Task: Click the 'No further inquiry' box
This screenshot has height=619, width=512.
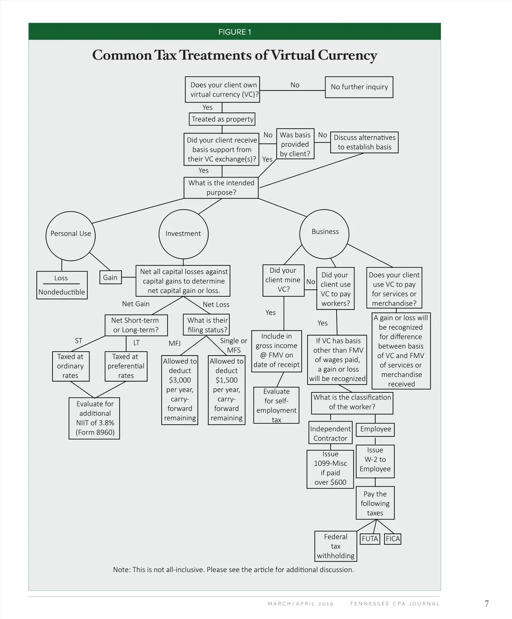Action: click(359, 87)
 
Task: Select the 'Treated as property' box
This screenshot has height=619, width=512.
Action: click(222, 119)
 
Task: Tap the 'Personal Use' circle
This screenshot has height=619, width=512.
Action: click(70, 234)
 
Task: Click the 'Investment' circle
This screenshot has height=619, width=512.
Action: click(183, 234)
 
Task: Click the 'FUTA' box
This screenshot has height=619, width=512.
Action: click(370, 539)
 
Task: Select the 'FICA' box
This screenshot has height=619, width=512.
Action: click(393, 539)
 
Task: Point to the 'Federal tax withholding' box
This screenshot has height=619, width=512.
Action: click(335, 546)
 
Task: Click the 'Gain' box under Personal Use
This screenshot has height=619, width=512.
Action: click(110, 277)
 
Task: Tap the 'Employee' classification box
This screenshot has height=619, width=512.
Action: click(375, 429)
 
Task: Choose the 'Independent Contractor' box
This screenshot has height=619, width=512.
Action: click(330, 433)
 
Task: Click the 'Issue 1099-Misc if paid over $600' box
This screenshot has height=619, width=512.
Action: click(330, 468)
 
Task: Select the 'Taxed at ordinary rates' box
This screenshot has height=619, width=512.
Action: click(70, 366)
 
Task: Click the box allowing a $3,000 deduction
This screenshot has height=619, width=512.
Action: click(180, 389)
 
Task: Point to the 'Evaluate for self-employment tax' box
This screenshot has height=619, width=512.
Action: click(276, 405)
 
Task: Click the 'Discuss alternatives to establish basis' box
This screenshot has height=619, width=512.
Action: click(364, 143)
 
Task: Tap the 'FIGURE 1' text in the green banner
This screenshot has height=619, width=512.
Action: click(235, 32)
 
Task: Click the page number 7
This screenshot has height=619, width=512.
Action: click(487, 604)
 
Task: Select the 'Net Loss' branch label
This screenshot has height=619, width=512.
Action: click(216, 304)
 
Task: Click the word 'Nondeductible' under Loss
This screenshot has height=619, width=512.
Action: click(61, 292)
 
